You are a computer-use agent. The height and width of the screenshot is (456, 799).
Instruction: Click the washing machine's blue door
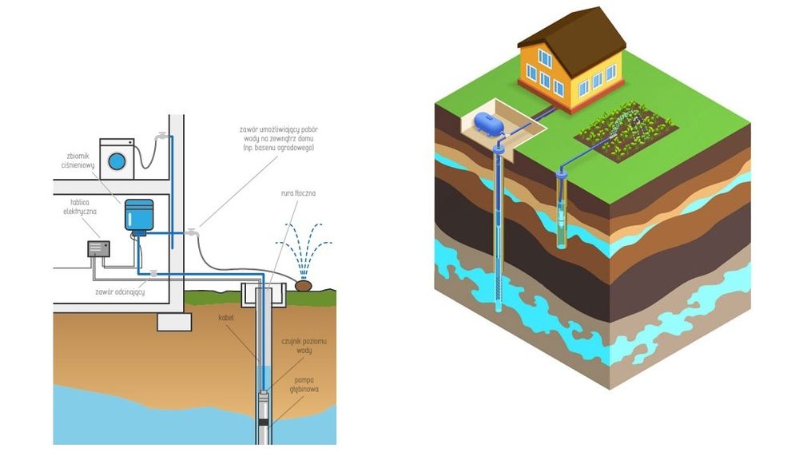point(117,161)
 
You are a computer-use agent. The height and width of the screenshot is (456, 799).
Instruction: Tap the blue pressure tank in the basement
point(139,216)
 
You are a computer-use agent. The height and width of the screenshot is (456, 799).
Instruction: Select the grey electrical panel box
point(98,248)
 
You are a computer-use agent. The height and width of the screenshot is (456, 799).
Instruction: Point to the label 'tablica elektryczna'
point(79,207)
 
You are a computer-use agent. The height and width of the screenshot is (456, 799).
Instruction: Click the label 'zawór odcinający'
point(120,292)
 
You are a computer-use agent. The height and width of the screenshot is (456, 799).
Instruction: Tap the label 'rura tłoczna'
point(298,193)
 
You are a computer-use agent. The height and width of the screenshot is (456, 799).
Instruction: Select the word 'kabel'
point(226,317)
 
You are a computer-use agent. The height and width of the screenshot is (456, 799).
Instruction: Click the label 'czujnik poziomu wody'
point(304,346)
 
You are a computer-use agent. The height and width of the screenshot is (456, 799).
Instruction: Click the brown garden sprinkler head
point(303,285)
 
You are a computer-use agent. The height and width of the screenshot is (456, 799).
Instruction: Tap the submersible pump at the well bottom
point(263,410)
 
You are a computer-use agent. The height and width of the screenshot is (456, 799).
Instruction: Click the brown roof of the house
point(573,38)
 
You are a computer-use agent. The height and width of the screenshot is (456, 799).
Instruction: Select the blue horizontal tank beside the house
point(489,123)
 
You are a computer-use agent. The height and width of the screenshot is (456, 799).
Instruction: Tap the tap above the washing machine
point(162,136)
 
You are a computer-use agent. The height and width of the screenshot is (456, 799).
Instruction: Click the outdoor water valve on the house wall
point(192,232)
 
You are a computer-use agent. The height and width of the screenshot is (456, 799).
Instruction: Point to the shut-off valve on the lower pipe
point(153,274)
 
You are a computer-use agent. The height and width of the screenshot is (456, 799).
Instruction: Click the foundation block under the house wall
point(174,322)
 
